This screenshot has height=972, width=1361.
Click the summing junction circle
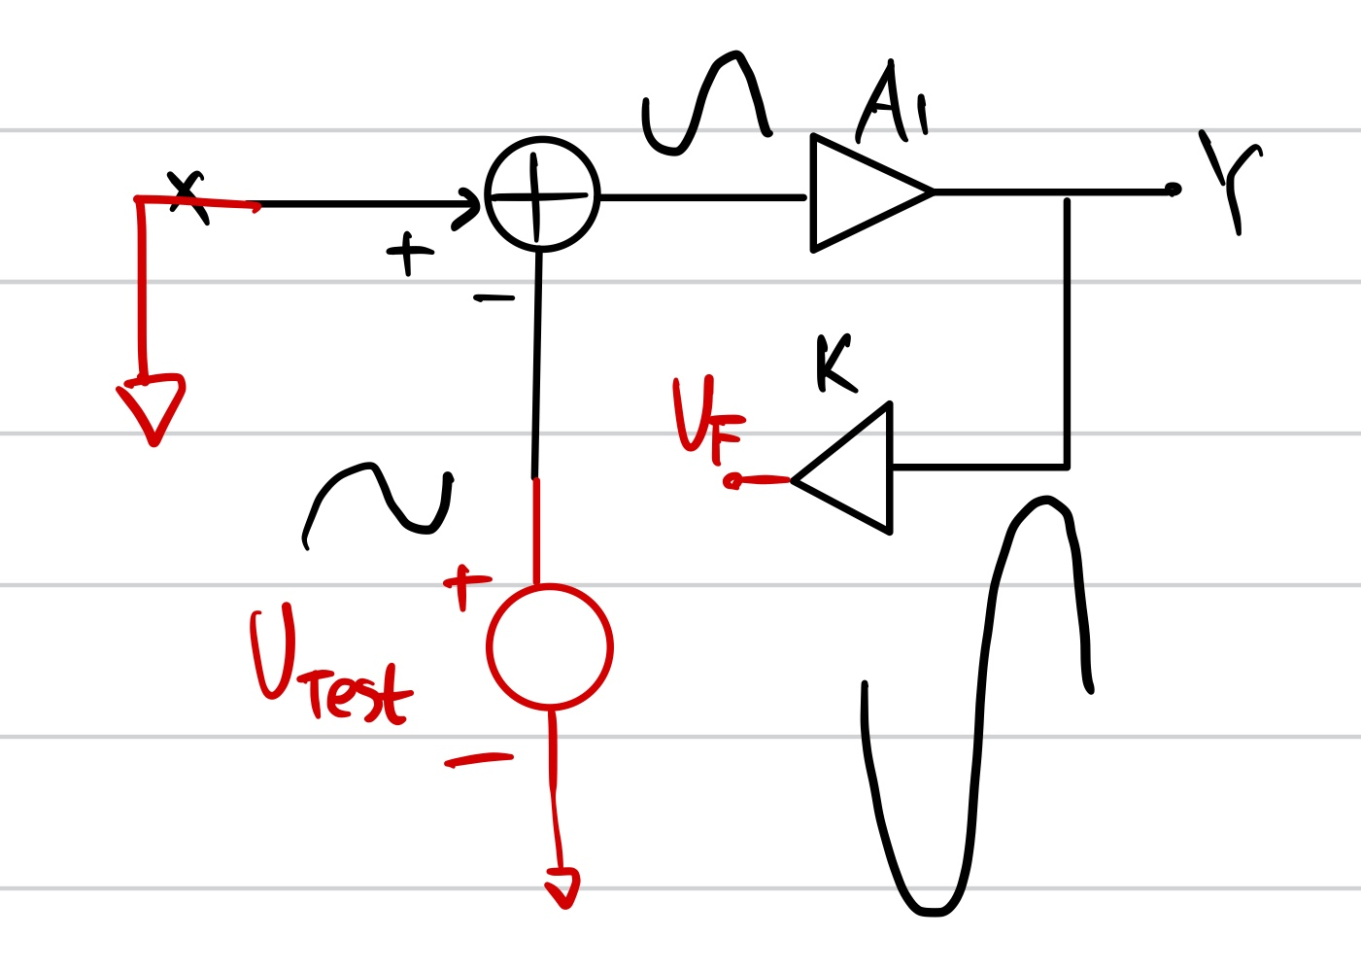click(541, 194)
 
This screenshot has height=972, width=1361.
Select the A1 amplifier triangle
click(860, 192)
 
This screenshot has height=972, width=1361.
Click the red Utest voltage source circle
click(550, 646)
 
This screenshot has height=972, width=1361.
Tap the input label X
click(187, 197)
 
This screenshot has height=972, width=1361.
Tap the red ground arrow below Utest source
click(562, 886)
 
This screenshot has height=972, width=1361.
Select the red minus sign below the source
click(478, 760)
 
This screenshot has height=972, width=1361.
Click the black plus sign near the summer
click(410, 254)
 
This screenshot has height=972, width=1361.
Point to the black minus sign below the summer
click(494, 298)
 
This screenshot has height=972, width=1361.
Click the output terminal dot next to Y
click(1173, 190)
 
